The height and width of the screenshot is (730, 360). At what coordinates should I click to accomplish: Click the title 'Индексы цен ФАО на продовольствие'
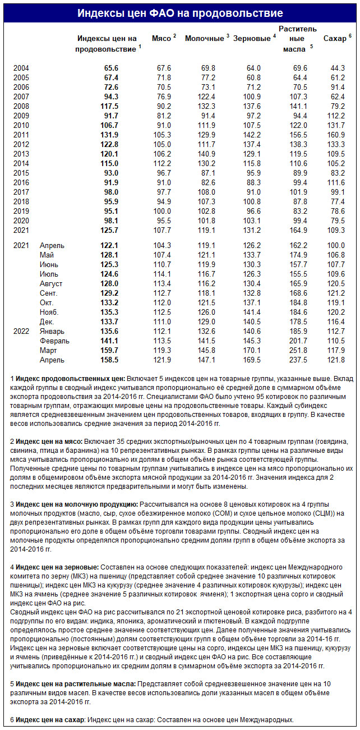[180, 13]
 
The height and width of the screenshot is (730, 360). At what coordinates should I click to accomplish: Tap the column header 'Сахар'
[335, 38]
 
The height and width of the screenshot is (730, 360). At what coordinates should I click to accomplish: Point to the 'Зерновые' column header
[252, 38]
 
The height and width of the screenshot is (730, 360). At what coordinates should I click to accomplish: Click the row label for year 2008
[21, 106]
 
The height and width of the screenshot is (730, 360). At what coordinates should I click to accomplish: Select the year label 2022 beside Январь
[21, 332]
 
